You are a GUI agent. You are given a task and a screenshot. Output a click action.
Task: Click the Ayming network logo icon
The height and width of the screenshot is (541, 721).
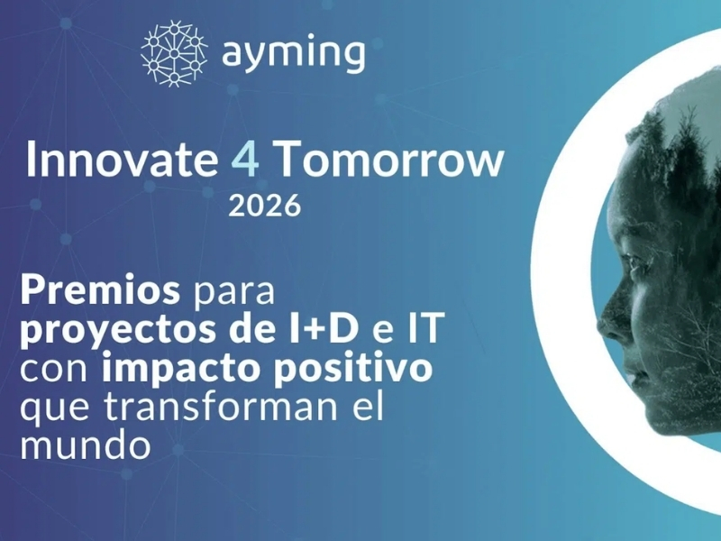click(x=174, y=53)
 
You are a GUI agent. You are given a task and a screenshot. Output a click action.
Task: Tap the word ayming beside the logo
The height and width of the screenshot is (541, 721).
click(x=293, y=54)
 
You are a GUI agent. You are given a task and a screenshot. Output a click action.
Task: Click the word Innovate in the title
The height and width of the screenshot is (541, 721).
click(x=117, y=160)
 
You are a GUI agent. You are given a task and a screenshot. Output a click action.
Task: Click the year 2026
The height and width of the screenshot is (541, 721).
click(x=263, y=206)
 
